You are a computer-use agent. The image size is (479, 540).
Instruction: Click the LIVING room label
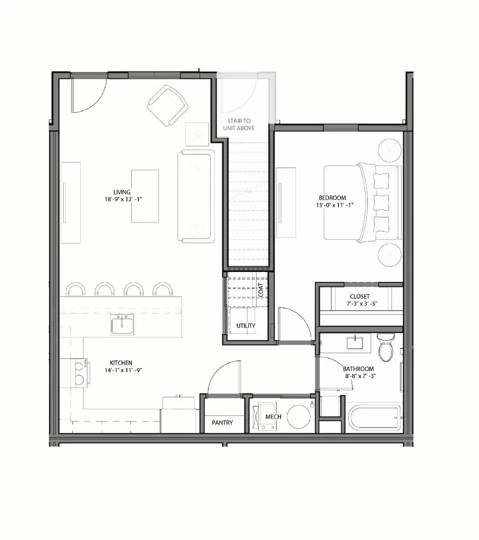[x=122, y=192]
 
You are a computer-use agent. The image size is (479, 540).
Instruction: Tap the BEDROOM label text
[x=332, y=198]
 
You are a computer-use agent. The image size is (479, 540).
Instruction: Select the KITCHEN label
[x=121, y=363]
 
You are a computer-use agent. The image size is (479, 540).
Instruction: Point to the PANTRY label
[x=222, y=422]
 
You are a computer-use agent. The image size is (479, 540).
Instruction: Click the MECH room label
[x=273, y=416]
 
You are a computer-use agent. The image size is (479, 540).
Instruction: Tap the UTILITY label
[x=246, y=326]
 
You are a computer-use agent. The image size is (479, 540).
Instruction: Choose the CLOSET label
[x=360, y=296]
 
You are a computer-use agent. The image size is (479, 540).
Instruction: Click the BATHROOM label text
[x=358, y=369]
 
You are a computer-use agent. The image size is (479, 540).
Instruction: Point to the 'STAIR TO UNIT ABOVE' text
[x=239, y=124]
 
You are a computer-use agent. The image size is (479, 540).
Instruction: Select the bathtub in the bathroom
[x=375, y=417]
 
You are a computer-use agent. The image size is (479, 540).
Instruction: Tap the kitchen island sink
[x=122, y=324]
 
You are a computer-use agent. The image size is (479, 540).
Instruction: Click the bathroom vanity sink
[x=355, y=343]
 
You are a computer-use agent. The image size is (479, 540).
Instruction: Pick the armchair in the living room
[x=168, y=105]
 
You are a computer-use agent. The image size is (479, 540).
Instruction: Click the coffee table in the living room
[x=145, y=196]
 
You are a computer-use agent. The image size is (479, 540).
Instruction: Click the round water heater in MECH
[x=298, y=416]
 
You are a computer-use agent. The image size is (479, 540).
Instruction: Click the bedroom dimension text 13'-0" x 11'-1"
[x=335, y=205]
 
